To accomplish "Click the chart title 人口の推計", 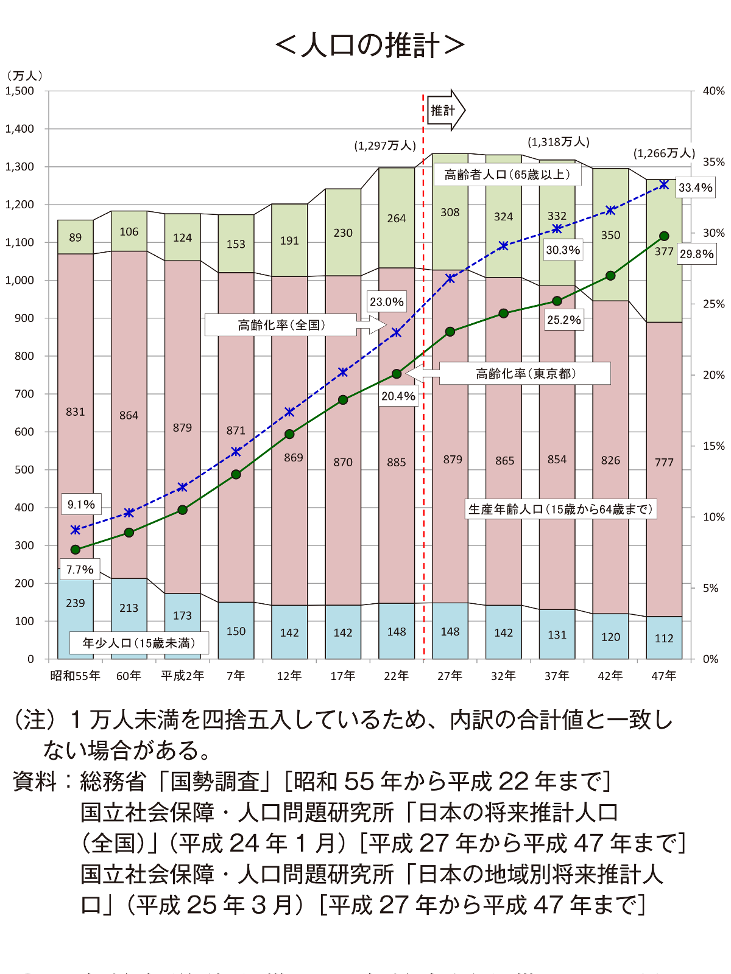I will (370, 46).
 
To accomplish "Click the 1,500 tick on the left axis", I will (20, 91).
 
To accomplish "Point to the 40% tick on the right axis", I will (713, 91).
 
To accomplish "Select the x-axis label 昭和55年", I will (75, 676).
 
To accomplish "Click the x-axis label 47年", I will (664, 676).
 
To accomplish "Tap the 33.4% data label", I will (696, 187).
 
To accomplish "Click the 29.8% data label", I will (696, 254).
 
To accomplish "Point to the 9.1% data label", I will (81, 505).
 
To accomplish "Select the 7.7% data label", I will (80, 570).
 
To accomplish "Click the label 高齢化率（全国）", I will (281, 325).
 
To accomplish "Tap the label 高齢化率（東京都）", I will (525, 373).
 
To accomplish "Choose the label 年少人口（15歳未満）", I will (139, 643).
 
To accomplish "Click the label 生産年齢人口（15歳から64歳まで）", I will (560, 509).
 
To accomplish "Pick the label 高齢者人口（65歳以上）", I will (507, 175).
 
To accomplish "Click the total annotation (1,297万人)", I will (385, 146).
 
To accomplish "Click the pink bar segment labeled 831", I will (76, 412).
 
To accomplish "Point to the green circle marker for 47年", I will (664, 236).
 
